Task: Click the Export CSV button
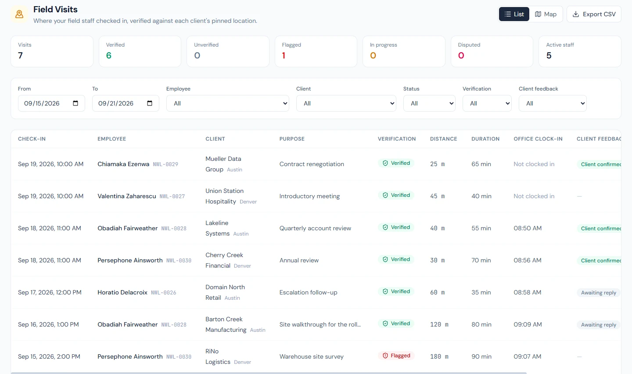click(x=594, y=14)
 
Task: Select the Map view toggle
click(x=546, y=14)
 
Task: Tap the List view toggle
click(x=514, y=14)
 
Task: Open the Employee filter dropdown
click(x=227, y=103)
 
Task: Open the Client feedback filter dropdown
click(x=553, y=103)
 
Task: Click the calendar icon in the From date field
click(x=75, y=103)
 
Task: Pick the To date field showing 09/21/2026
click(x=126, y=103)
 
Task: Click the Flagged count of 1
click(x=284, y=55)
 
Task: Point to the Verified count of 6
click(x=109, y=55)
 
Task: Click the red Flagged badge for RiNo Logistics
click(x=396, y=356)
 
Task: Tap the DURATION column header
click(x=485, y=139)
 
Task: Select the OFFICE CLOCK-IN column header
click(x=538, y=139)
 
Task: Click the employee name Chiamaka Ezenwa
click(x=123, y=164)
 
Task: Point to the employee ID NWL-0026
click(x=163, y=293)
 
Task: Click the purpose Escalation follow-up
click(x=308, y=292)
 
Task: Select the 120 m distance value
click(x=439, y=325)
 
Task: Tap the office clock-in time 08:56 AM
click(x=528, y=260)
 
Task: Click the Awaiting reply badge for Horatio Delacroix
click(x=599, y=293)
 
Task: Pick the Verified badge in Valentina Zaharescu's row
click(x=396, y=195)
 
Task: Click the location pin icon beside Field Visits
click(x=19, y=14)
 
